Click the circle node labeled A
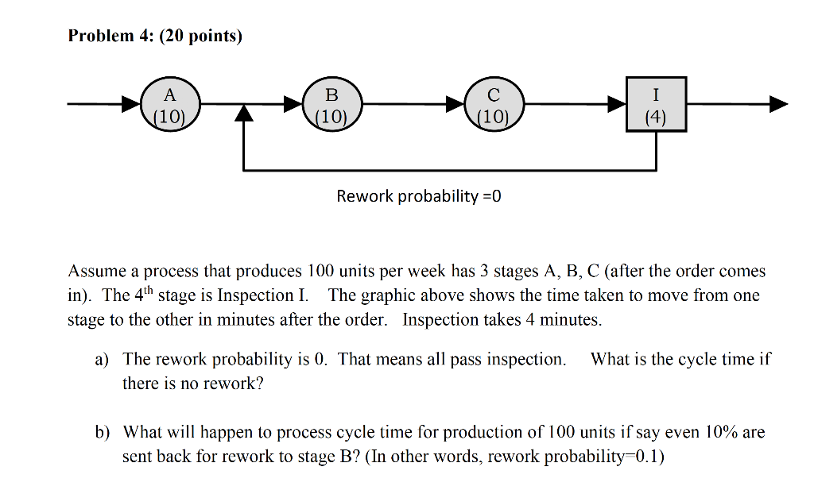click(x=169, y=105)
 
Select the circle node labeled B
click(x=331, y=105)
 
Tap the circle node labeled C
click(x=494, y=105)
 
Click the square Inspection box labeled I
click(x=655, y=105)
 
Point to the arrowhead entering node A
click(x=130, y=104)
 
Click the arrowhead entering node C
click(x=456, y=104)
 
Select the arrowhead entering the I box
click(x=617, y=104)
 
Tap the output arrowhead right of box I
click(x=778, y=104)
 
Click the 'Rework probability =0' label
click(x=419, y=195)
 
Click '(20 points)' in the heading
click(x=202, y=36)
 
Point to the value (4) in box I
click(x=655, y=118)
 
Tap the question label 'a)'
click(x=102, y=360)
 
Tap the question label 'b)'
click(x=102, y=433)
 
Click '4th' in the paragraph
click(x=143, y=295)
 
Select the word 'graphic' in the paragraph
click(x=388, y=295)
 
